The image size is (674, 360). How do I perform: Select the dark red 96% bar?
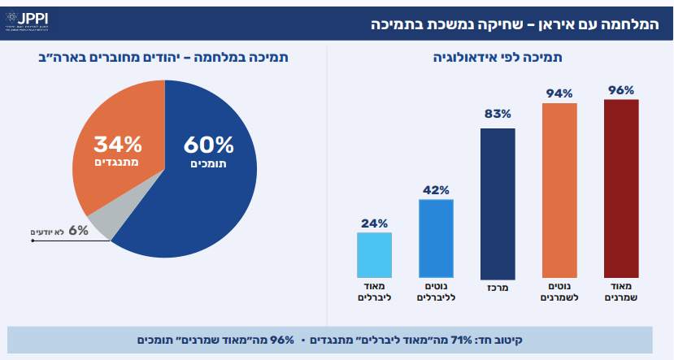(x=621, y=189)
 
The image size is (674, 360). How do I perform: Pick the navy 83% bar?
(x=498, y=204)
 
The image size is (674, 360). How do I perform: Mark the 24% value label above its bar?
(x=374, y=223)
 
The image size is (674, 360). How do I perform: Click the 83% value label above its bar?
(x=498, y=114)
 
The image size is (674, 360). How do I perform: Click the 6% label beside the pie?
(x=79, y=231)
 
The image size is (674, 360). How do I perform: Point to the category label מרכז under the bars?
(x=497, y=288)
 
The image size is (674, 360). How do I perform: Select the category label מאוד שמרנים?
(x=620, y=293)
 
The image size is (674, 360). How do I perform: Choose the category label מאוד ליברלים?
(x=374, y=293)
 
